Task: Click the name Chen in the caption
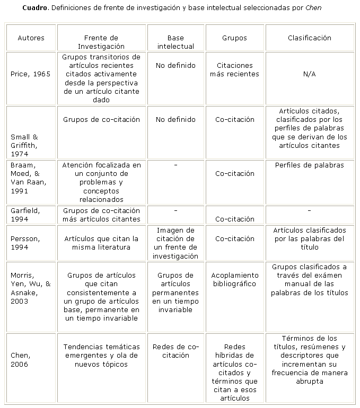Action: pos(313,8)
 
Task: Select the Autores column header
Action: pos(31,38)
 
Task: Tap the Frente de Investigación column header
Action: pos(101,42)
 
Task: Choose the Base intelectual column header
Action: pos(175,42)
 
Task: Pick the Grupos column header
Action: pos(234,38)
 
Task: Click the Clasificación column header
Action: pos(310,38)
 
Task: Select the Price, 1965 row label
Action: pos(31,74)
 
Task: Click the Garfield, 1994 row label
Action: pos(25,215)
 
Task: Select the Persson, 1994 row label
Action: pos(25,243)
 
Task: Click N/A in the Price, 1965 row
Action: pos(310,74)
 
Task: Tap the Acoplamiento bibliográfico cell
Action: pos(234,279)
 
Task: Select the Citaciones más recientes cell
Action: pos(234,70)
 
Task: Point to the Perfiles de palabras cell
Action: pos(310,165)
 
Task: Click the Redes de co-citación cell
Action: pos(175,351)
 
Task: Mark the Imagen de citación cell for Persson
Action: pos(175,243)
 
